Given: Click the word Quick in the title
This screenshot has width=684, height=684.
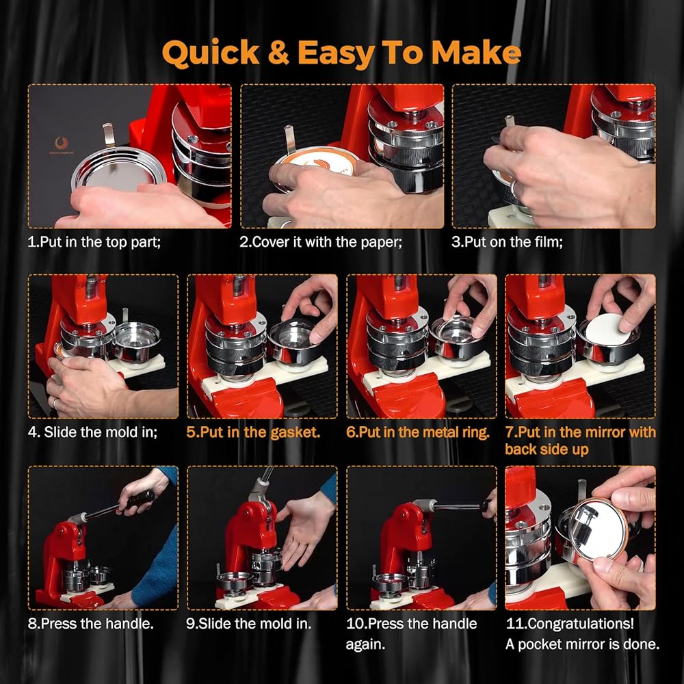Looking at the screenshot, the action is tap(211, 53).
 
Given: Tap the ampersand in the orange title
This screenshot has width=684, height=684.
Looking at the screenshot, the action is tap(278, 53).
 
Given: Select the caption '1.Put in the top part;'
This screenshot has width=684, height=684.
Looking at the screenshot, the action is tap(94, 242).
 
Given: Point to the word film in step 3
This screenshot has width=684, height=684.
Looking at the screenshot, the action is tap(551, 242).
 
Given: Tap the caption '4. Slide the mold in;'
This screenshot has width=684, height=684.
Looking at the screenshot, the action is tap(92, 432).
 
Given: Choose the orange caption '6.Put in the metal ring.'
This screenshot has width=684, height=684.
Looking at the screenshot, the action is tap(418, 432).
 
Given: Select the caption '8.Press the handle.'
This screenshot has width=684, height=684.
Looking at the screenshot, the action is tap(91, 624).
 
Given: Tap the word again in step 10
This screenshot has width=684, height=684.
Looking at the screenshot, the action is tap(365, 645).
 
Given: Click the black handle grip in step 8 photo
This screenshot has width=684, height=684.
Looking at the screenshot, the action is tap(140, 499).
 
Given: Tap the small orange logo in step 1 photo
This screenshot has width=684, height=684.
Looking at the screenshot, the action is tap(62, 144).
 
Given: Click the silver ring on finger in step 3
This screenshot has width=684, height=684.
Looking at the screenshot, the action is tap(515, 189).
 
